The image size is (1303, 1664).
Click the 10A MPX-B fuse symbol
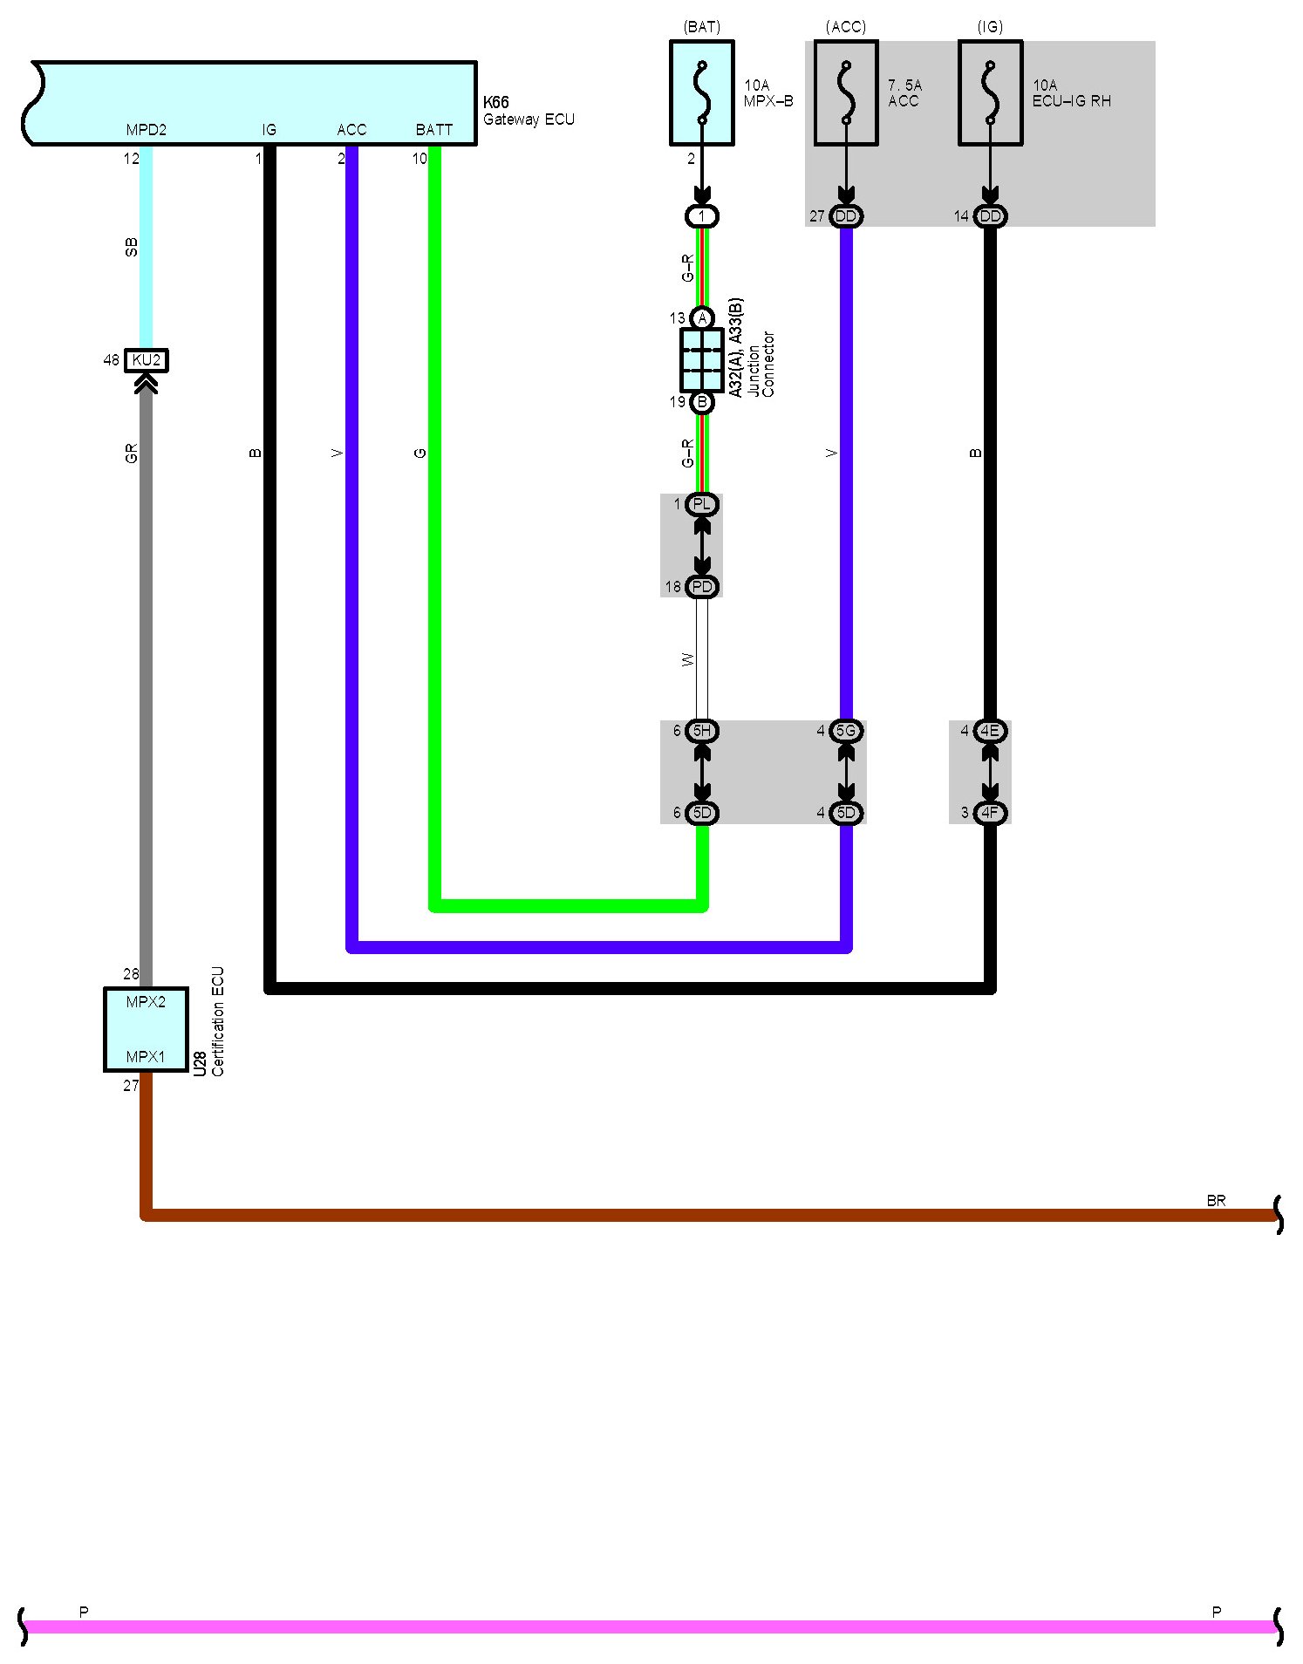701,92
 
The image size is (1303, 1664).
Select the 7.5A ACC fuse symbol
845,92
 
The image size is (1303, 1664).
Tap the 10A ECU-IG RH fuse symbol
990,92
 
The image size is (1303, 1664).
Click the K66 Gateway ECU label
529,112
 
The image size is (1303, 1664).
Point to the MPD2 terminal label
146,130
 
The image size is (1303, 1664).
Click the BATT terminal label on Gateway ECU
433,130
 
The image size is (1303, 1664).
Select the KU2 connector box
147,360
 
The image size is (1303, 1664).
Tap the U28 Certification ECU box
146,1029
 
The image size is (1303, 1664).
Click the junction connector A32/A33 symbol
701,360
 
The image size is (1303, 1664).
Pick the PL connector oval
702,504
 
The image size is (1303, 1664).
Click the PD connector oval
702,587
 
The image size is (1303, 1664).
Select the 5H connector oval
702,731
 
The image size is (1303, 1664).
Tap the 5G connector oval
846,731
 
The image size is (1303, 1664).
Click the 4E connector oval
990,731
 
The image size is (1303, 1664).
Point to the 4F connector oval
990,813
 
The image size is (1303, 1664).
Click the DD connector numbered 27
845,216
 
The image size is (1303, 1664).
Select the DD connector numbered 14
990,216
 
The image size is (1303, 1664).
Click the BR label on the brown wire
1216,1201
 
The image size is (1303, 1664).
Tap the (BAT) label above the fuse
702,27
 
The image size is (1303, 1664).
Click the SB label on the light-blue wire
132,248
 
